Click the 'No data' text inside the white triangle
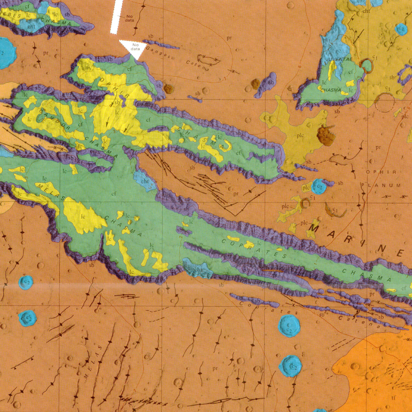click(135, 47)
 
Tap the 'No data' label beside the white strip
click(129, 18)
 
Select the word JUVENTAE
click(339, 59)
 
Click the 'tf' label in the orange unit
click(393, 398)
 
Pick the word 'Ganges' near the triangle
click(158, 53)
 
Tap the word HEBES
click(11, 14)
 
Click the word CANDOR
click(54, 120)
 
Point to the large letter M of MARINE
click(313, 229)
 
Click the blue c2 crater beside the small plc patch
click(319, 187)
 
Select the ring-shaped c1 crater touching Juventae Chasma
click(367, 66)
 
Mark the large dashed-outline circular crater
click(385, 103)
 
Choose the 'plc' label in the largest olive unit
click(300, 135)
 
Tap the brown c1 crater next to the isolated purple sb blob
click(256, 84)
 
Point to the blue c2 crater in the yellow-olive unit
click(401, 29)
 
